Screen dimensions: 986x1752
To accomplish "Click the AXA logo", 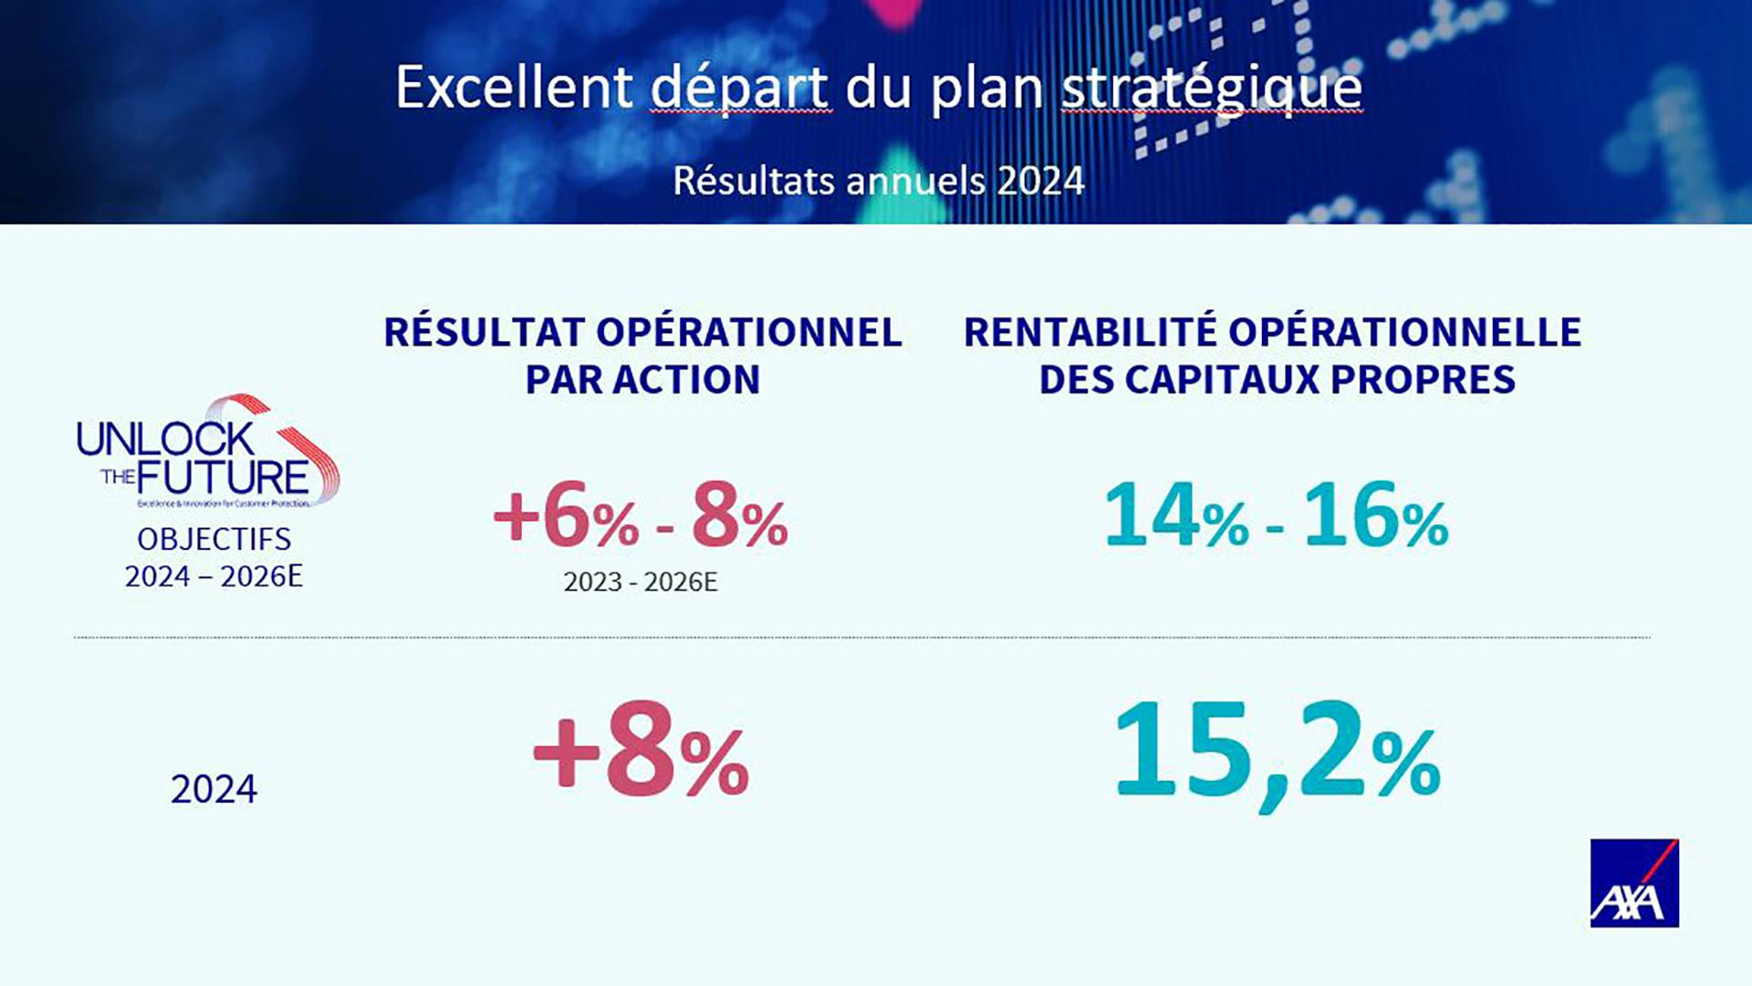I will pyautogui.click(x=1633, y=883).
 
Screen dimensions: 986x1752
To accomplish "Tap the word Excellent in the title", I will pyautogui.click(x=514, y=88).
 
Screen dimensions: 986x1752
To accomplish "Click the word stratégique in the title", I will pyautogui.click(x=1211, y=89).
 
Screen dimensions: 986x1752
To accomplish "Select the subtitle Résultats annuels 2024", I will pyautogui.click(x=878, y=181).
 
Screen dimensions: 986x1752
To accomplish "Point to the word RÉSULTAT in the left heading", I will pyautogui.click(x=484, y=332).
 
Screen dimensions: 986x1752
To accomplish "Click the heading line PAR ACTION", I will pyautogui.click(x=642, y=379).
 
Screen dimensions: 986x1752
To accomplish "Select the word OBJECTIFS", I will pyautogui.click(x=214, y=539).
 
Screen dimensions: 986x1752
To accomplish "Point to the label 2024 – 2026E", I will pyautogui.click(x=214, y=576).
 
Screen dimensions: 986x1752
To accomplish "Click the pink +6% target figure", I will pyautogui.click(x=566, y=518).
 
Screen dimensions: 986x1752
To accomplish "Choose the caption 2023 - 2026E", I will pyautogui.click(x=641, y=582).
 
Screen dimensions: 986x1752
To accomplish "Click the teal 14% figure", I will pyautogui.click(x=1175, y=517).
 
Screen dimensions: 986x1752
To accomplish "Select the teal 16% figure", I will pyautogui.click(x=1375, y=517).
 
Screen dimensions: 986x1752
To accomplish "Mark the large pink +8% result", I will pyautogui.click(x=641, y=753).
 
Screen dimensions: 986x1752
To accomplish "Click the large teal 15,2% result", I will pyautogui.click(x=1276, y=753).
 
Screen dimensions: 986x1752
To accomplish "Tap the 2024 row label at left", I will pyautogui.click(x=214, y=789).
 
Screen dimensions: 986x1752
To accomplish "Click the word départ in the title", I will pyautogui.click(x=740, y=89).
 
